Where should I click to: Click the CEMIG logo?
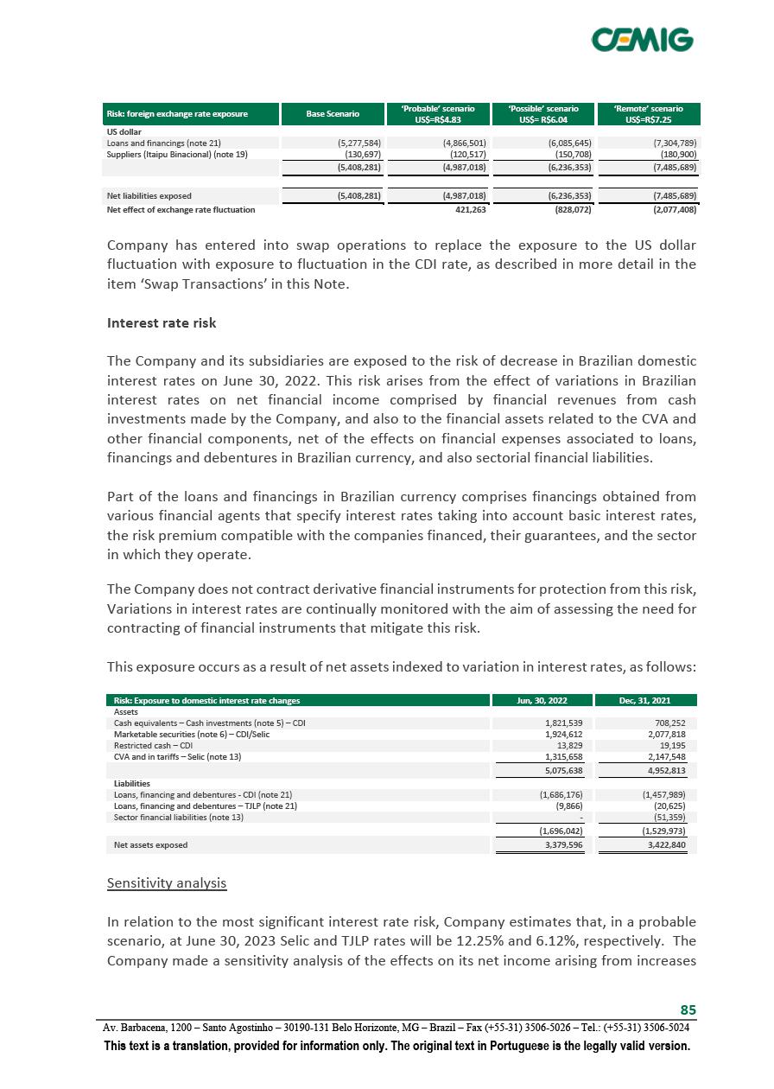[x=642, y=40]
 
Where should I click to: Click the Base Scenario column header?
[x=333, y=114]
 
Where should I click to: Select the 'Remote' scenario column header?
[x=648, y=114]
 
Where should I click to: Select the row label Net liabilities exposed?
[x=149, y=195]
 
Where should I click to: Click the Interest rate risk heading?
[x=161, y=323]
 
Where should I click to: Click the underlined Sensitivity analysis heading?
[x=167, y=883]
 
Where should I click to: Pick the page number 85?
[x=688, y=1010]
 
